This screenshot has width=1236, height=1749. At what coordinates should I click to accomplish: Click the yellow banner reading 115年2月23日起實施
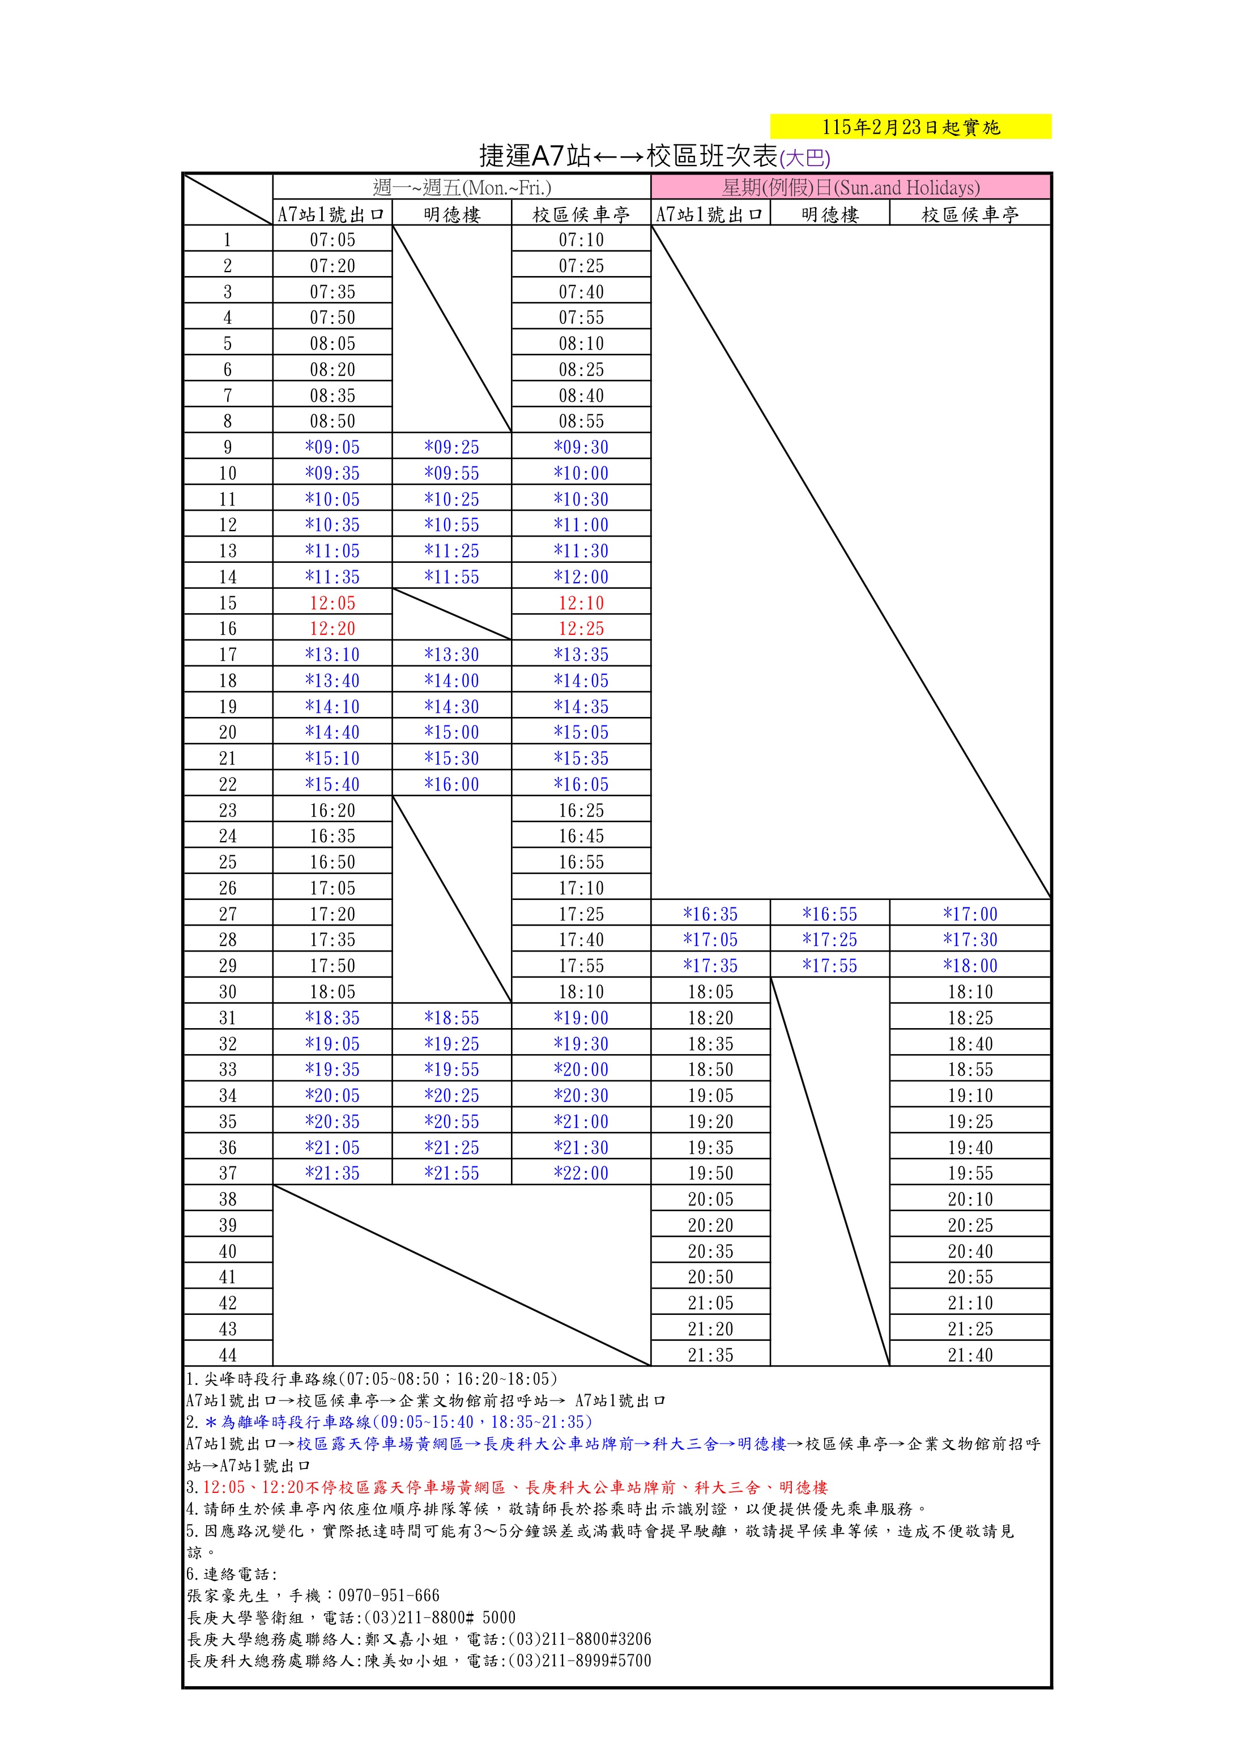click(910, 126)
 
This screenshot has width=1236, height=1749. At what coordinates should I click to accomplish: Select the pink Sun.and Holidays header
click(851, 188)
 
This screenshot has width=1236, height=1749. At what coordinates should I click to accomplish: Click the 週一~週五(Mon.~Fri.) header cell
click(462, 188)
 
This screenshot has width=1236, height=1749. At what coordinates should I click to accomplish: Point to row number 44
click(228, 1355)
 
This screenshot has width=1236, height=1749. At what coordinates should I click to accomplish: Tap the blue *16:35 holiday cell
click(710, 914)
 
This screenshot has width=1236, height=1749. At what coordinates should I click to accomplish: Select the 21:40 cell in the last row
click(970, 1355)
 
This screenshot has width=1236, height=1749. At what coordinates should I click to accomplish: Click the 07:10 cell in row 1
click(581, 240)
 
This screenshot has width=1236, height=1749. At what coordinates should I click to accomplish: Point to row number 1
click(228, 240)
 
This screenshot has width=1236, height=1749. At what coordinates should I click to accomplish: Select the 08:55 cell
click(581, 421)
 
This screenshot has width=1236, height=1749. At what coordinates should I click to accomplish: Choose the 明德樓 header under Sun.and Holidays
click(829, 215)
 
